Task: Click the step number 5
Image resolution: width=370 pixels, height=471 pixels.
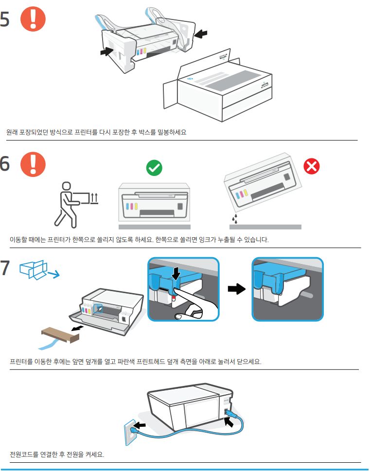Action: pyautogui.click(x=5, y=20)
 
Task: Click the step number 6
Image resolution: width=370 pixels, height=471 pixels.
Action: pyautogui.click(x=5, y=163)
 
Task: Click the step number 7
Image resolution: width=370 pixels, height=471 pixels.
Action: pyautogui.click(x=5, y=269)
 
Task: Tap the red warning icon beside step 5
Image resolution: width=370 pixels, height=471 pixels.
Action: pyautogui.click(x=33, y=20)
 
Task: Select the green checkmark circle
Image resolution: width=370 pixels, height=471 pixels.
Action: pyautogui.click(x=154, y=168)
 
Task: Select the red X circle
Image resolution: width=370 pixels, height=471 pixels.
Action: pyautogui.click(x=311, y=167)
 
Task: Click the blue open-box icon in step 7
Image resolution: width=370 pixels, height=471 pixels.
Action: pyautogui.click(x=35, y=270)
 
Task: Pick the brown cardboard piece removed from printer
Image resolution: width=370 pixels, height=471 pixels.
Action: pyautogui.click(x=61, y=334)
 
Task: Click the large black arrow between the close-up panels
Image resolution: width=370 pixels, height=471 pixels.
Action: pyautogui.click(x=236, y=289)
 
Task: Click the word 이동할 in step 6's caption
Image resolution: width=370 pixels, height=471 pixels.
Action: pyautogui.click(x=20, y=240)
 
